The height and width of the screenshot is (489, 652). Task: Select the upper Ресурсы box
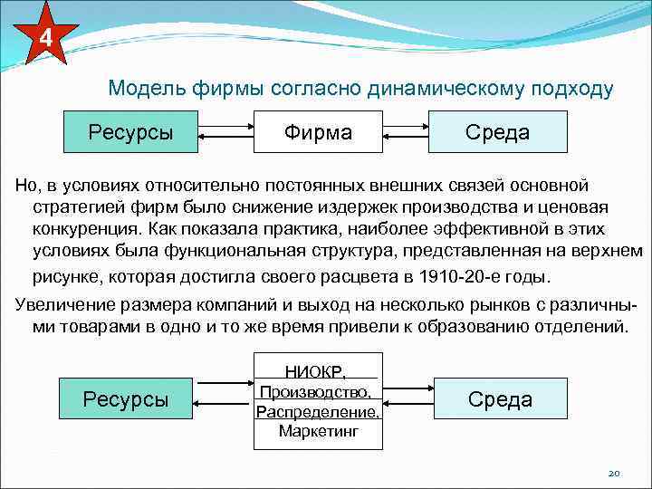coord(130,132)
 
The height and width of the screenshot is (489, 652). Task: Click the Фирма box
coord(318,132)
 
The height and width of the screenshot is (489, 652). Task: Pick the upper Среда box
coord(497,132)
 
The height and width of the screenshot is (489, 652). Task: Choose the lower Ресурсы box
coord(125,399)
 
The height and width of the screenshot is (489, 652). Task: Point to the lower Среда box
coord(500,399)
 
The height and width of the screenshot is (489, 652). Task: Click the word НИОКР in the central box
coord(316,371)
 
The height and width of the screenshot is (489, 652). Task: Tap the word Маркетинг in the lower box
coord(318,431)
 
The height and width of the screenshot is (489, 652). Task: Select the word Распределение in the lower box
coord(318,411)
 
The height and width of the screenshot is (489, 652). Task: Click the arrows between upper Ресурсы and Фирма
coord(225,132)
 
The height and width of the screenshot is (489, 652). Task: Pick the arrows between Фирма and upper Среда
coord(407,132)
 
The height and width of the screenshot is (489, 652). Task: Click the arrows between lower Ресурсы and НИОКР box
coord(224,399)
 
